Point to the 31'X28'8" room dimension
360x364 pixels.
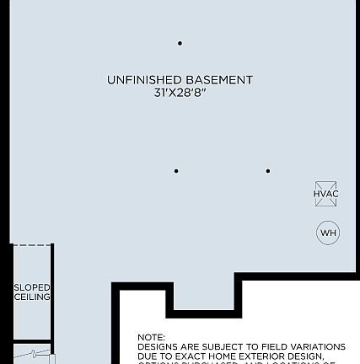(x=180, y=92)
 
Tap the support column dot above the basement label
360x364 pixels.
(x=180, y=43)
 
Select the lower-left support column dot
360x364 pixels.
(x=176, y=171)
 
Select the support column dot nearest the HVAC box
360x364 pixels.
(x=268, y=171)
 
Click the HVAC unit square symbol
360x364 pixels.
(x=326, y=194)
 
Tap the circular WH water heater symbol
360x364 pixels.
(x=328, y=233)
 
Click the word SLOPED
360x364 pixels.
(x=32, y=288)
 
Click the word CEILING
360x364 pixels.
(x=32, y=297)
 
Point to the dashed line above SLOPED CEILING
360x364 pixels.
(x=32, y=245)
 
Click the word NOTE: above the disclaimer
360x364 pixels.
(x=151, y=337)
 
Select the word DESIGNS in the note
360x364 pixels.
(x=157, y=346)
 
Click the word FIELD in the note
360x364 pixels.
(x=265, y=346)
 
